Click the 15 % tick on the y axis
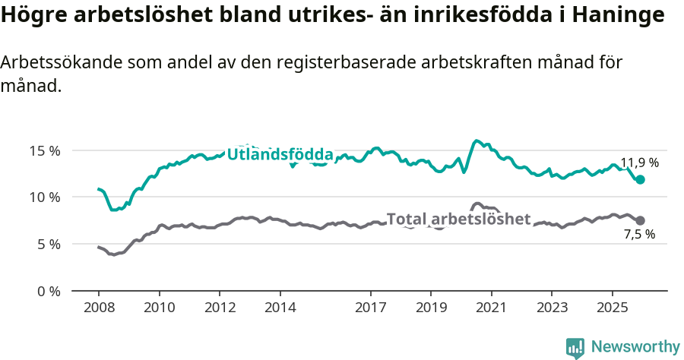(x=44, y=150)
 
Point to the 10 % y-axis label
(x=44, y=197)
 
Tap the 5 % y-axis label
(x=47, y=245)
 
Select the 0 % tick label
(x=47, y=292)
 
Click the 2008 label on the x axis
(x=99, y=308)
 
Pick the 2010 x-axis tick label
(x=159, y=308)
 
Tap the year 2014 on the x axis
(x=280, y=308)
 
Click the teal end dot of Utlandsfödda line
(x=640, y=180)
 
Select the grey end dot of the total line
(x=640, y=220)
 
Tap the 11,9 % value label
(x=639, y=163)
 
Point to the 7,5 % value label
(x=639, y=235)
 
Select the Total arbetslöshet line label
(x=458, y=219)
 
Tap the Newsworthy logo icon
(x=575, y=347)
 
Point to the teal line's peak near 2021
(x=477, y=141)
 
